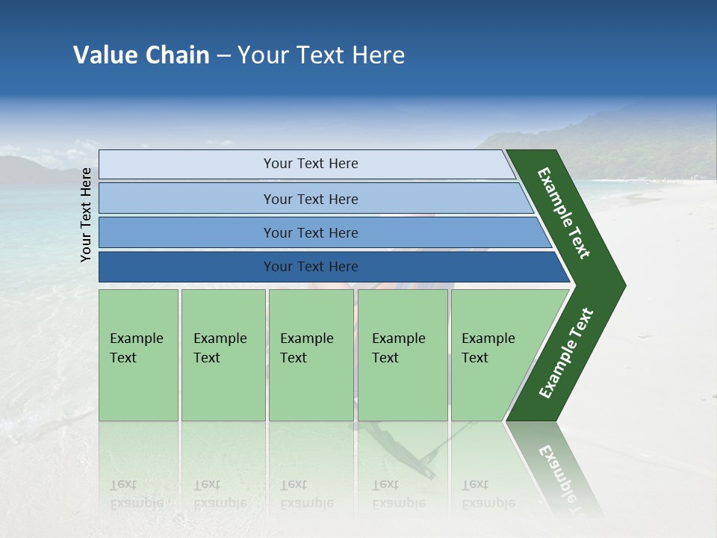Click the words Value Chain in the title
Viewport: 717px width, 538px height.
(141, 55)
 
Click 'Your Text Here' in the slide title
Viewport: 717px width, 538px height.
(321, 55)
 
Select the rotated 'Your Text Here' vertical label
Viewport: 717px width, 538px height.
(86, 214)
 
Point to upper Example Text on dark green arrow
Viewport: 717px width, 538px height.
(564, 213)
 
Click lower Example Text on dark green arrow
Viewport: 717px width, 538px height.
(565, 353)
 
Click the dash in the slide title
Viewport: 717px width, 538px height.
(223, 56)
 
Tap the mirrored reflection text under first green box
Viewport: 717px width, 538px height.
(137, 494)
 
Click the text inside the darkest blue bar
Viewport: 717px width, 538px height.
(311, 267)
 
